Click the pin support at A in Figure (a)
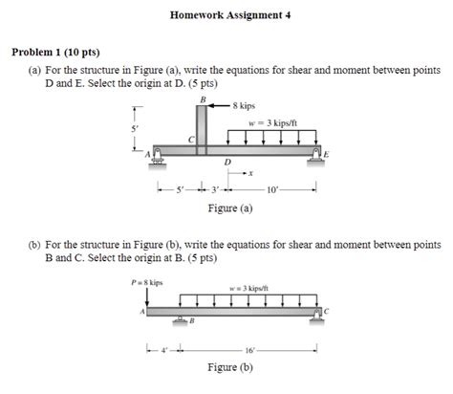pos(158,158)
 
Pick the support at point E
pos(316,158)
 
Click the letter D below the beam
pos(226,163)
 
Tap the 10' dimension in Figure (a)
pos(274,190)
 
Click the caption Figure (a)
pos(230,208)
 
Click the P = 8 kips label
pos(147,282)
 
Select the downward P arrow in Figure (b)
pos(147,298)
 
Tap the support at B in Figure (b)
pos(179,317)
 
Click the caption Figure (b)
pos(230,367)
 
